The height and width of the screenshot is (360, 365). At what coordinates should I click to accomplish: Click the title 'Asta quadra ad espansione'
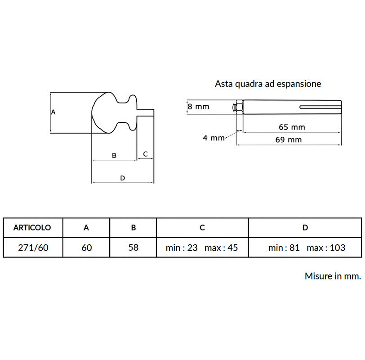point(268,84)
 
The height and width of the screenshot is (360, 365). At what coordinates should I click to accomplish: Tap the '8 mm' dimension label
point(199,107)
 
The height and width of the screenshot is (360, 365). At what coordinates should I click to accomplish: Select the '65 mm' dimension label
point(292,127)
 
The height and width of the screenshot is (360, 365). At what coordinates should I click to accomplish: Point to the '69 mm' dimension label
point(289,140)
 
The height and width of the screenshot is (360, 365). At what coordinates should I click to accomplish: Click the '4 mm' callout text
point(214,138)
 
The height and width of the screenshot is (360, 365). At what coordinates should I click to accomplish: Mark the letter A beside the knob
point(53,112)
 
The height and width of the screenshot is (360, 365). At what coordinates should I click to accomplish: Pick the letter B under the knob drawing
point(114,155)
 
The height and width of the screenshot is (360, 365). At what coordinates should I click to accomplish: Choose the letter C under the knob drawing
point(145,154)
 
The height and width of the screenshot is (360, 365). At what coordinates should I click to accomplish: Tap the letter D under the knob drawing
point(122,178)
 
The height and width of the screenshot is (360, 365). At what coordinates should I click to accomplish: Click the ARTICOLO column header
point(32,228)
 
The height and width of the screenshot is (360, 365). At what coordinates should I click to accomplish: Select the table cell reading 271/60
point(33,247)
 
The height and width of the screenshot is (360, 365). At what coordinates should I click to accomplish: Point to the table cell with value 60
point(87,247)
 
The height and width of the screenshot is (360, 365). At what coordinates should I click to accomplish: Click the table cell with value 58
point(134,247)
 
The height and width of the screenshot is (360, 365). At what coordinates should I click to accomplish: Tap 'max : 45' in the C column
point(221,248)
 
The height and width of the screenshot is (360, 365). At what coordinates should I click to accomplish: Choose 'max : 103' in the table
point(326,248)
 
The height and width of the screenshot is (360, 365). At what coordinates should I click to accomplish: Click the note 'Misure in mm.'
point(333,276)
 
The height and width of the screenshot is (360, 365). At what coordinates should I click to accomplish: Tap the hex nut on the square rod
point(239,107)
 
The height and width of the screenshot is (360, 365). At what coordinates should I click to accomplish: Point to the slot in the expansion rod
point(320,107)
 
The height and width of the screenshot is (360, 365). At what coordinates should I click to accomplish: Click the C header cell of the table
point(202,228)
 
